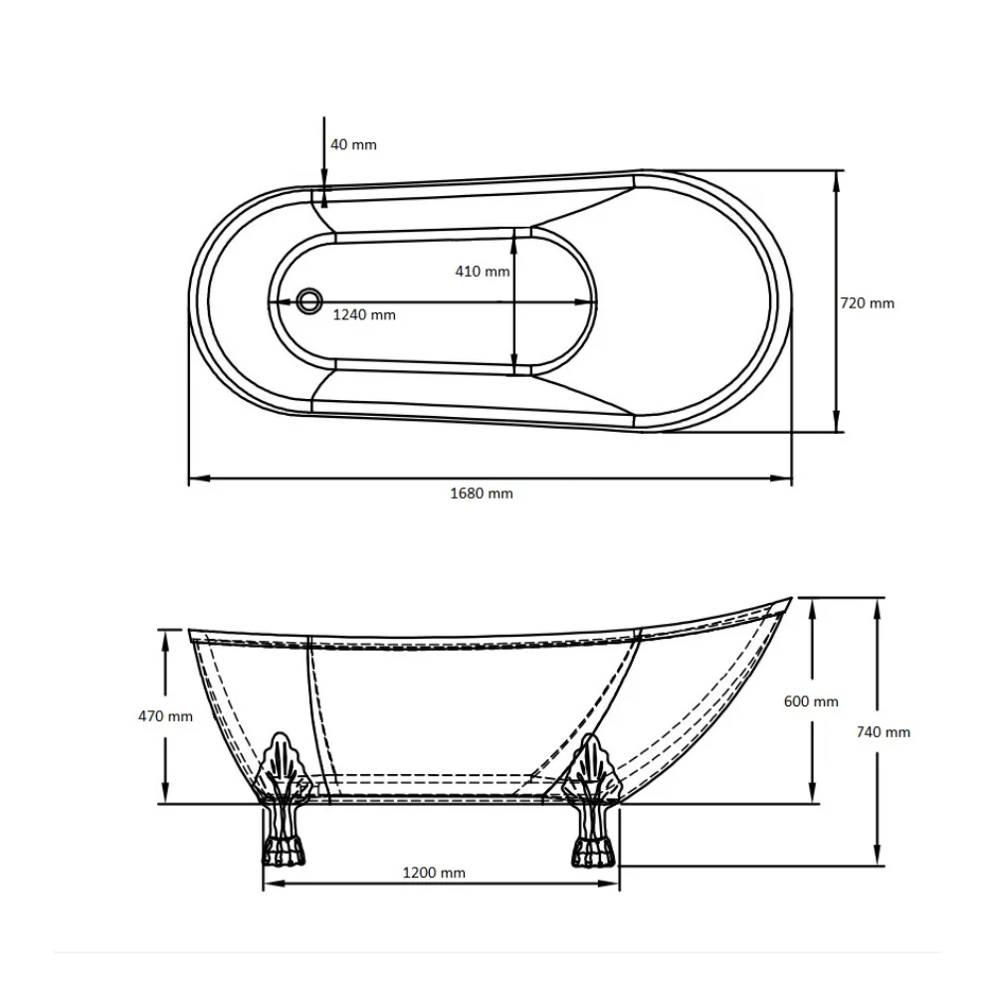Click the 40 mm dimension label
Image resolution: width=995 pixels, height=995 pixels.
(x=353, y=144)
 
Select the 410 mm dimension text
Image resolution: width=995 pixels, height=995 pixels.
(x=483, y=272)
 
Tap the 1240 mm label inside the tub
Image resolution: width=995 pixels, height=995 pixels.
(x=364, y=314)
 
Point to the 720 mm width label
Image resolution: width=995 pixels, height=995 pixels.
(x=867, y=303)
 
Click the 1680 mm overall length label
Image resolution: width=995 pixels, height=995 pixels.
(x=482, y=494)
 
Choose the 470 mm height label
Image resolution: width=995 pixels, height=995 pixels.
(x=165, y=716)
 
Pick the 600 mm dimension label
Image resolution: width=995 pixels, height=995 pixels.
(x=811, y=701)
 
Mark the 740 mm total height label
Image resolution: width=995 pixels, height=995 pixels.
(x=883, y=732)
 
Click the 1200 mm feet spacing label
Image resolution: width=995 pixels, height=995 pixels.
(x=434, y=873)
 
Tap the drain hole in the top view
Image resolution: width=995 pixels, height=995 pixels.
(x=309, y=300)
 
